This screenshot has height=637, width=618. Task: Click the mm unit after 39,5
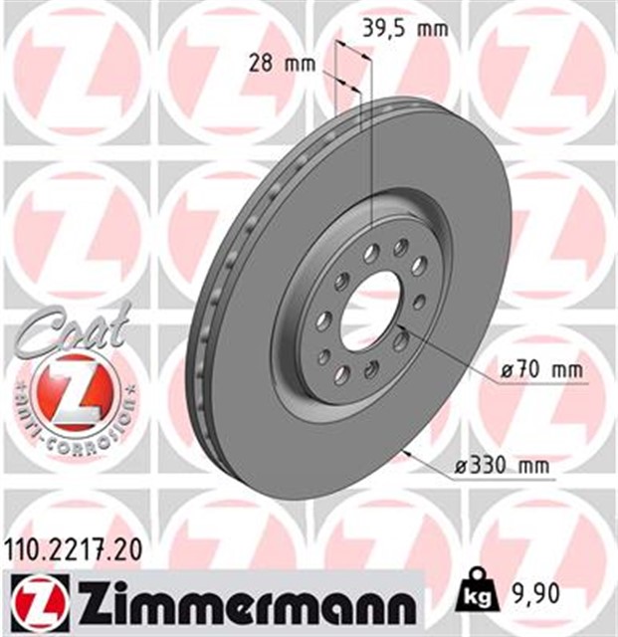(x=432, y=28)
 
